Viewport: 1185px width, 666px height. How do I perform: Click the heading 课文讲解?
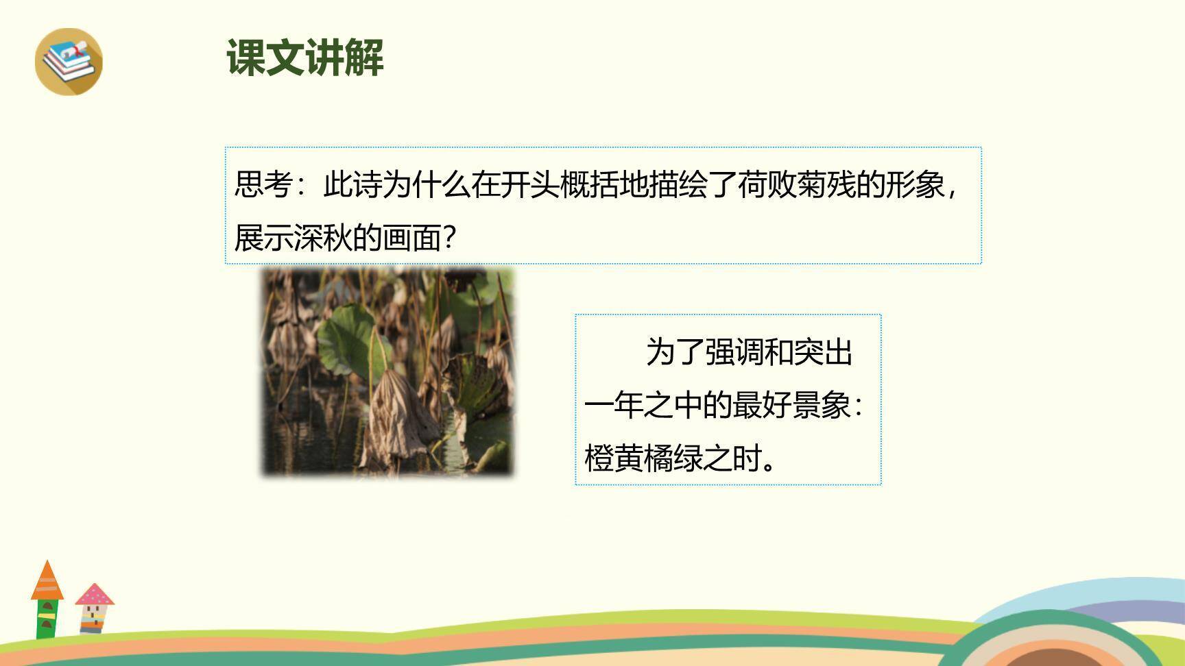[305, 58]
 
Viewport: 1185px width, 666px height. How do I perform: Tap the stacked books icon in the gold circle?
[68, 60]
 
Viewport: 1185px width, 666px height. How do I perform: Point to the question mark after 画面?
[450, 238]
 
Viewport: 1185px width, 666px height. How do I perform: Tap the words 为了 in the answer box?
[675, 352]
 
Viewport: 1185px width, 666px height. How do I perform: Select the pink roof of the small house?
[95, 595]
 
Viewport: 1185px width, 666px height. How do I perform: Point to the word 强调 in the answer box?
[734, 352]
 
